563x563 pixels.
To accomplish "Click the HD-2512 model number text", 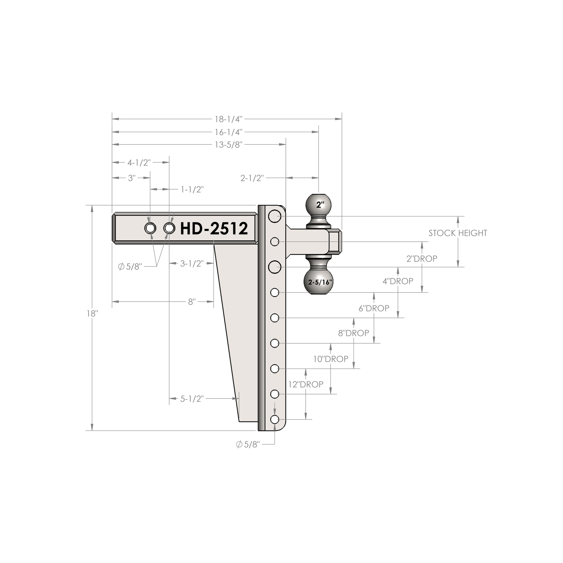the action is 214,228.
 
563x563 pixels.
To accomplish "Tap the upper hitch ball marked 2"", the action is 319,205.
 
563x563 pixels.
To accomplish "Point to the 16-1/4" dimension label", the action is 229,132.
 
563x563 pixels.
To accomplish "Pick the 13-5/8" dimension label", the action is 229,144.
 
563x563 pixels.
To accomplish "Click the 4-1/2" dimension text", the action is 139,163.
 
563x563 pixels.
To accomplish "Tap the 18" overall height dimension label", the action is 92,314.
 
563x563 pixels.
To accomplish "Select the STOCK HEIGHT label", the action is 458,233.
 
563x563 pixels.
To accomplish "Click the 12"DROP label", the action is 306,384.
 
